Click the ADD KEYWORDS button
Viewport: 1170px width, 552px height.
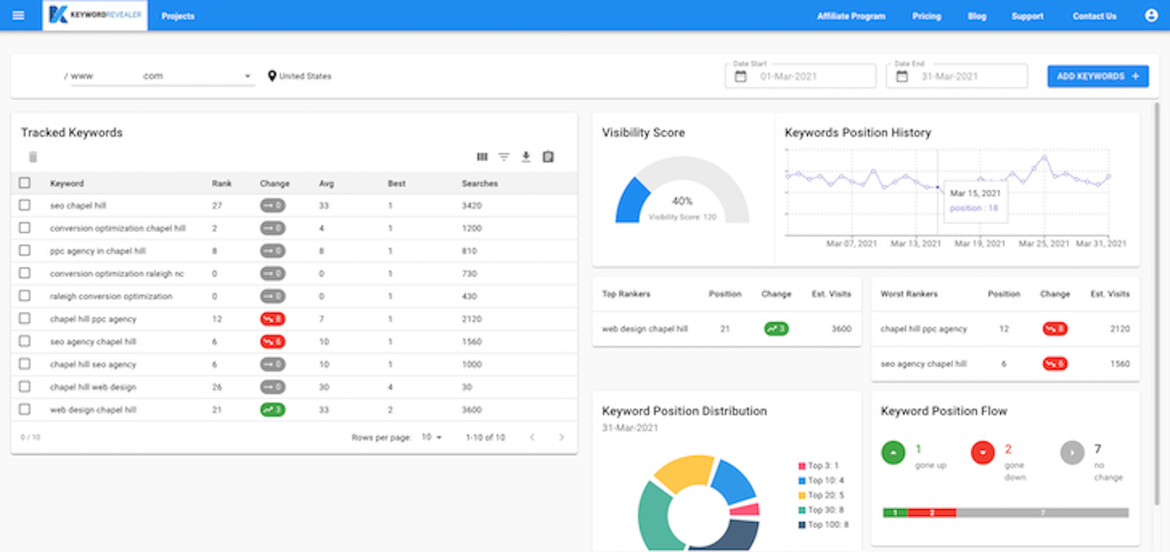1097,76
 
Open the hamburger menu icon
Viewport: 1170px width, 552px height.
18,15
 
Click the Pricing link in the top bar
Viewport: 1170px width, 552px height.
927,16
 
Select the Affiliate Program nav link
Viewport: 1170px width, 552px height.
851,16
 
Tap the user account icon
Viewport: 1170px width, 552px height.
1151,15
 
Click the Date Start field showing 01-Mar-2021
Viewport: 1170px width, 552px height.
800,77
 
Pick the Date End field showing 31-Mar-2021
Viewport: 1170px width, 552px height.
956,77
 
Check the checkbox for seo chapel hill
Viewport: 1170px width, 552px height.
25,205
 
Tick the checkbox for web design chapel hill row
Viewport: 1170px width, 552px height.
25,409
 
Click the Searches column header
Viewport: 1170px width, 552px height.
479,183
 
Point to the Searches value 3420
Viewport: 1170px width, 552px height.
472,205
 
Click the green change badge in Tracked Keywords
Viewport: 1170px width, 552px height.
272,409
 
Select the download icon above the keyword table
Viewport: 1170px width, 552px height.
525,157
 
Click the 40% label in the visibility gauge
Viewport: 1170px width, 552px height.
681,201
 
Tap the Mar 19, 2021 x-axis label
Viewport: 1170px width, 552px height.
980,244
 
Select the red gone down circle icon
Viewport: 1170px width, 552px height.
982,453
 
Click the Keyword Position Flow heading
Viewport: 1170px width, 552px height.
943,411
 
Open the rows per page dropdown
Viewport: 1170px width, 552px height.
432,437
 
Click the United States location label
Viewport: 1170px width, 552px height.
305,76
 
